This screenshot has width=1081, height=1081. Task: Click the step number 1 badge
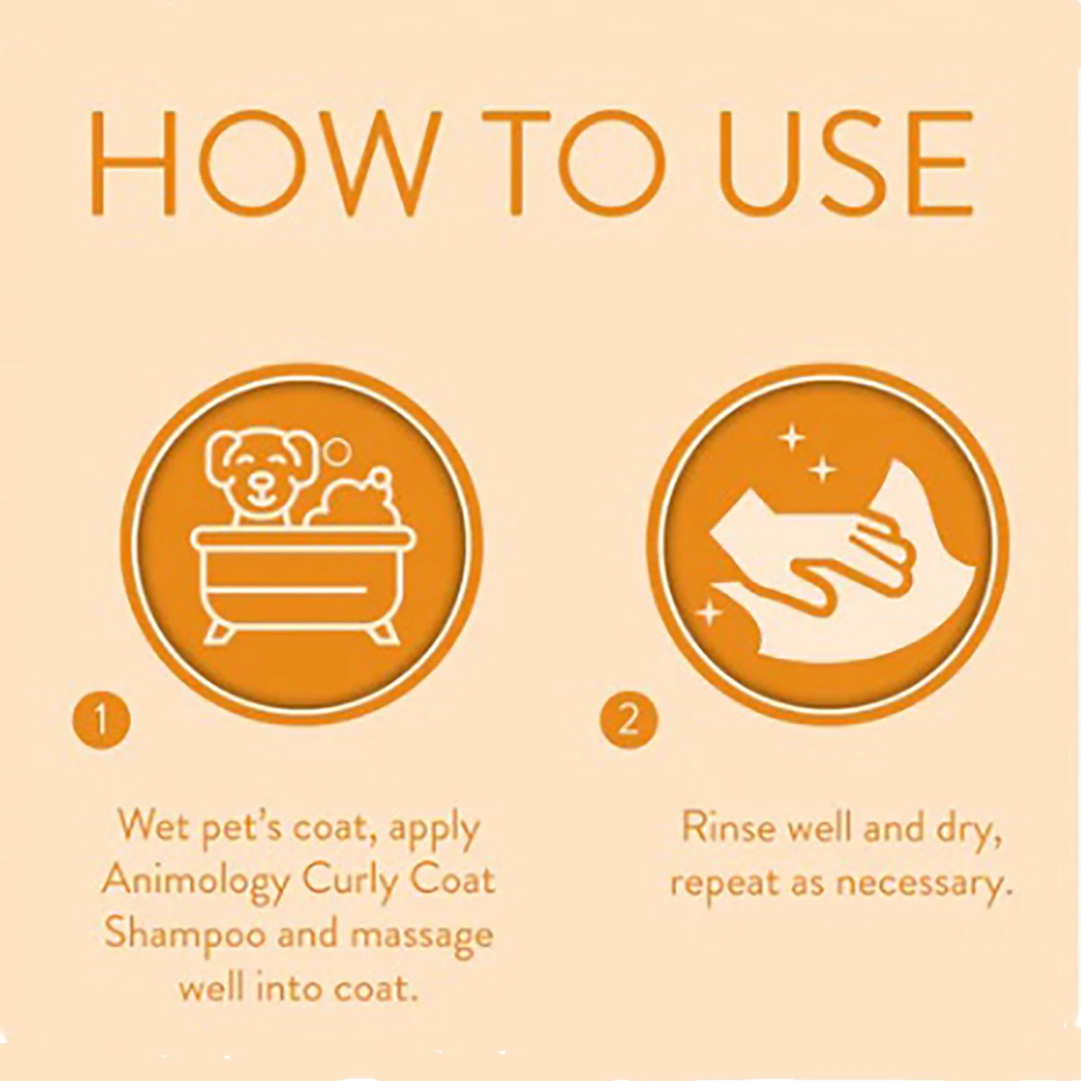click(102, 719)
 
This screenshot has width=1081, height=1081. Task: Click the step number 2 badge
click(629, 719)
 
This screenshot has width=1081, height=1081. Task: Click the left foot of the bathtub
click(219, 632)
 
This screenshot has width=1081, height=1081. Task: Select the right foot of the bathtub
click(384, 632)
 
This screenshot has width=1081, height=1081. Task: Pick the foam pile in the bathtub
click(350, 501)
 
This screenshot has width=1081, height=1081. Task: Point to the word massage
click(422, 935)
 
